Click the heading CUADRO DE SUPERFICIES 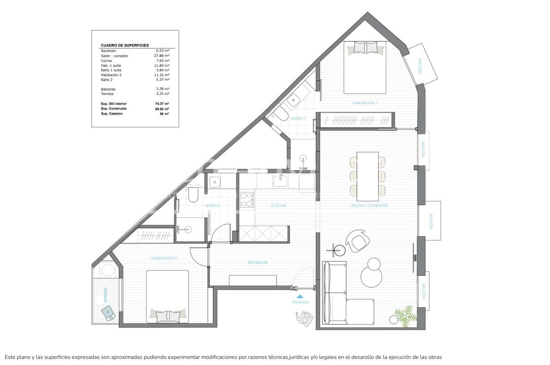click(x=125, y=46)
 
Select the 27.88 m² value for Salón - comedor click(x=162, y=56)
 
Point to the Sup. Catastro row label click(x=112, y=114)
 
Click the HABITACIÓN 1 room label click(x=365, y=103)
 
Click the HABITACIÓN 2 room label click(x=164, y=258)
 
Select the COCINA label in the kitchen click(x=279, y=206)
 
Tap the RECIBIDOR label click(x=257, y=263)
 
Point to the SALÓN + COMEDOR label click(x=369, y=206)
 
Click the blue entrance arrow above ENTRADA click(x=300, y=296)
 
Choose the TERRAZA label click(x=105, y=295)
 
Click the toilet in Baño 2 click(x=193, y=195)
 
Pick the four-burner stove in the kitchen click(x=246, y=200)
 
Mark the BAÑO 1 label click(x=298, y=119)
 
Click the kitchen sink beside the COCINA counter click(x=280, y=181)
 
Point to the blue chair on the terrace click(x=109, y=313)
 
